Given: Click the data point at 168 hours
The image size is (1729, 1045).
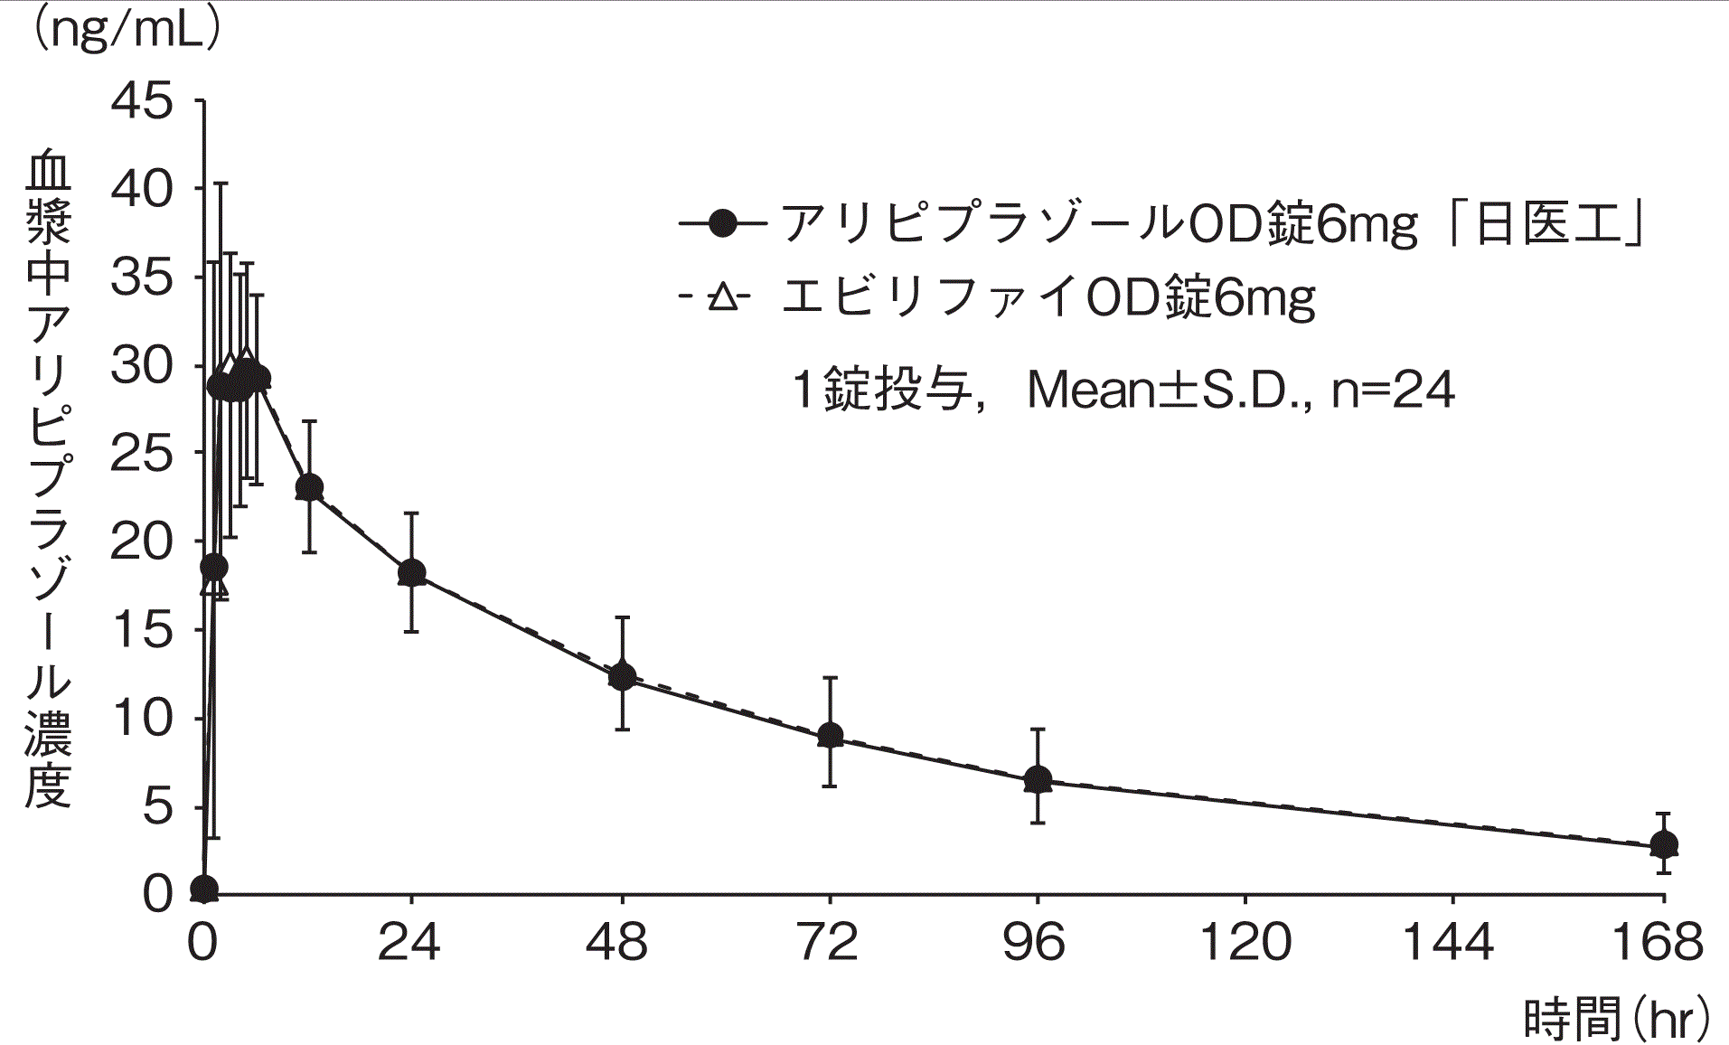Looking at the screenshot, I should [x=1663, y=845].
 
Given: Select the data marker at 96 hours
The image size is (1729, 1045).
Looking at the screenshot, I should [x=1038, y=779].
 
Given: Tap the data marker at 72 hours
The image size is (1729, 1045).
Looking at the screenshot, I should [x=830, y=735].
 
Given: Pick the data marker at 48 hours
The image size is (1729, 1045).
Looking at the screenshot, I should [x=622, y=675].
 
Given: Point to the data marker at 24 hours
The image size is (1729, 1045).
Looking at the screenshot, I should [x=411, y=572].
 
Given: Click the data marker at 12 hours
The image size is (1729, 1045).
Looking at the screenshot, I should [x=309, y=488].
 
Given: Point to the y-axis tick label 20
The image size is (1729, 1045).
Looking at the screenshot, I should [x=142, y=542].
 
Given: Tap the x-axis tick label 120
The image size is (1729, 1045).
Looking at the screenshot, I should [x=1245, y=942].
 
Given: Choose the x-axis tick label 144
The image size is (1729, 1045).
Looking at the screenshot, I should [x=1452, y=942].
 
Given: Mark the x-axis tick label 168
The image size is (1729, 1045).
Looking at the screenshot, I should [x=1659, y=942].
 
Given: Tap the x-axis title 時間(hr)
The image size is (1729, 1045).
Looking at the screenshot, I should [x=1618, y=1020].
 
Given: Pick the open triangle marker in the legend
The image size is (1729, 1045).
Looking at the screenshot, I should [x=722, y=297].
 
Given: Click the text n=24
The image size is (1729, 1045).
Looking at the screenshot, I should [x=1393, y=391].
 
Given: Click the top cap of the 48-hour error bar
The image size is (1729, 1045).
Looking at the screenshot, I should [x=622, y=617].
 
